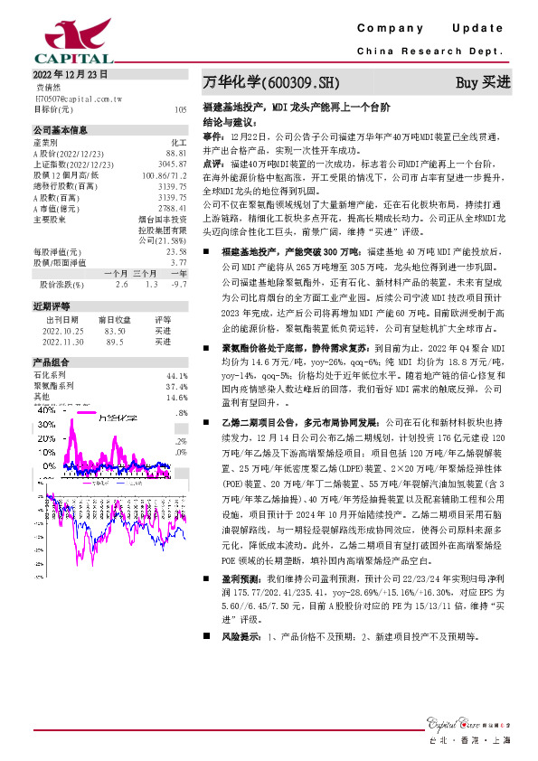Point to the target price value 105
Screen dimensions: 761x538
pos(180,108)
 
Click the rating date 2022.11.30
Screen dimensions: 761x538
pos(61,342)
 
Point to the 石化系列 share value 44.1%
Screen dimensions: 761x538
pos(176,375)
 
